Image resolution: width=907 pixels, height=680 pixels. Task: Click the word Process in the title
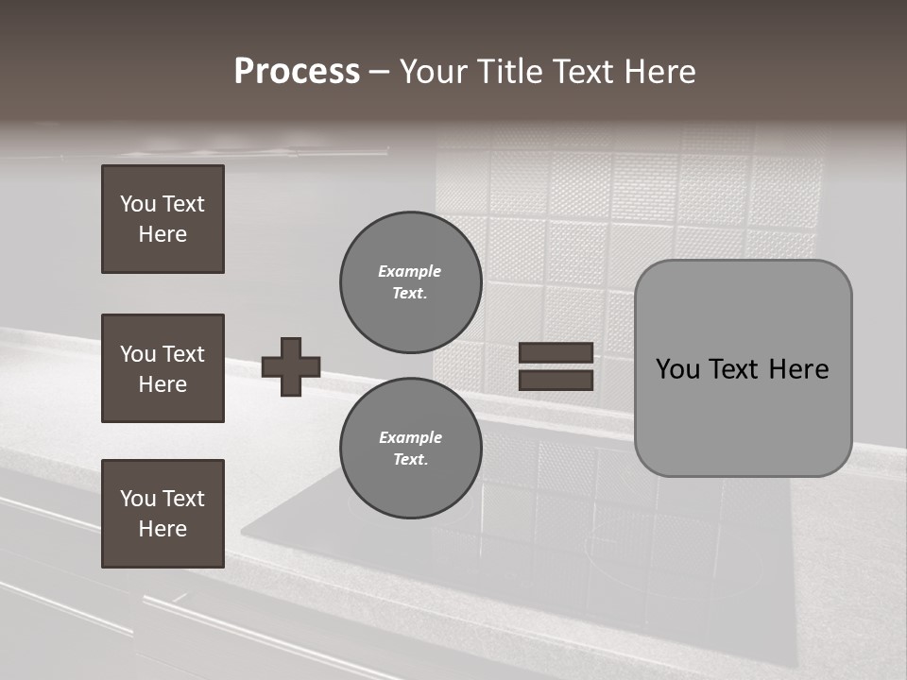point(297,72)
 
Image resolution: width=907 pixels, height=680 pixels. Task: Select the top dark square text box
point(163,219)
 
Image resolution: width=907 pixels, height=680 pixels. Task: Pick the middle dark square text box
point(163,368)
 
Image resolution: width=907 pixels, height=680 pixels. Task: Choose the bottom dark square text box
point(163,514)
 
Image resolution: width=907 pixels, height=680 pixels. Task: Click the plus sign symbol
point(291,366)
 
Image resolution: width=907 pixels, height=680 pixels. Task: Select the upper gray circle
point(410,282)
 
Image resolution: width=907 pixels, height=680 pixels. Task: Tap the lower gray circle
point(410,449)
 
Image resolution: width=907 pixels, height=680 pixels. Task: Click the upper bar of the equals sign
point(556,352)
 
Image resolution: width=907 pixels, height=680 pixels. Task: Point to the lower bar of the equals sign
point(556,381)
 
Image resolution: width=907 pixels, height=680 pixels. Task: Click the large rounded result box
point(743,416)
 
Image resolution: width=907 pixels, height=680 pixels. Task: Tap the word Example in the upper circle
point(409,271)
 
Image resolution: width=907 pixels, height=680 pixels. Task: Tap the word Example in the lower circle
point(410,437)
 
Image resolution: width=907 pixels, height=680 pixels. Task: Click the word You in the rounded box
point(677,369)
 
